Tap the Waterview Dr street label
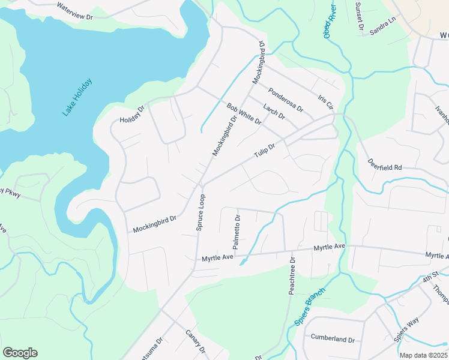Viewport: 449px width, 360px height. point(74,10)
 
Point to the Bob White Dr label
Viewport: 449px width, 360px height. point(244,114)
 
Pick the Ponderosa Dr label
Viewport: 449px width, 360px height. point(286,100)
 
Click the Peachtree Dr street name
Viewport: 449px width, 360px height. point(292,276)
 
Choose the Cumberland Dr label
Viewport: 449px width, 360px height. point(333,339)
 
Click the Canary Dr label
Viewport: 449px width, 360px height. point(196,341)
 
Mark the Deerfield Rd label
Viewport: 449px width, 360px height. point(385,164)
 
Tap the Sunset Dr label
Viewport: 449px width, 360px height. point(360,16)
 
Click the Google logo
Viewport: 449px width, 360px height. point(20,353)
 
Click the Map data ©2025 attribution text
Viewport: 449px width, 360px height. point(423,355)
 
